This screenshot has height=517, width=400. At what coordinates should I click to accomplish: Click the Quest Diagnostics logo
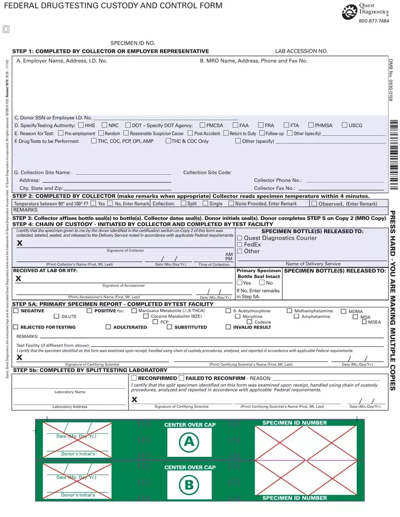350,12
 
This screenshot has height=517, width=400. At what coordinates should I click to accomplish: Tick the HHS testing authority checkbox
81,125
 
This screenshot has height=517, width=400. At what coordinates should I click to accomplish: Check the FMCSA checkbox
202,125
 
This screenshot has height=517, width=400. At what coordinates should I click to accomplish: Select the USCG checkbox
344,125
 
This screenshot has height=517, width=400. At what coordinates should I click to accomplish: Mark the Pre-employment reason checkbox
61,133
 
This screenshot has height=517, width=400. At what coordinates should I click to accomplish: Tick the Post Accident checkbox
191,133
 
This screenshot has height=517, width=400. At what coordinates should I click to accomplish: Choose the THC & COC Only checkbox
168,141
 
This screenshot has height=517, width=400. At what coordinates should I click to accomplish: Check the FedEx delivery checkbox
240,245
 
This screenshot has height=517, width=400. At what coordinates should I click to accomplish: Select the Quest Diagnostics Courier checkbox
240,238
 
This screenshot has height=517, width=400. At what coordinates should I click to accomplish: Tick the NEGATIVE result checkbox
17,311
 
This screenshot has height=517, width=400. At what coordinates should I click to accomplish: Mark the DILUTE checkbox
57,317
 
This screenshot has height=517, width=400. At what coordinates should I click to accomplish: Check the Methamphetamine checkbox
289,311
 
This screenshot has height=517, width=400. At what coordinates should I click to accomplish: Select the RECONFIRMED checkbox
134,378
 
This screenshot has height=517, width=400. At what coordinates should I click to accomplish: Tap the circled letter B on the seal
189,485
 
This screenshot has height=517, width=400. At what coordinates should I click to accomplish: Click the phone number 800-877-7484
374,21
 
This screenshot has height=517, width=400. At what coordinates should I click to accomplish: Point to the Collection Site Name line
123,173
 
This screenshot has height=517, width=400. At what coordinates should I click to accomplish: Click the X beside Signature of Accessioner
18,279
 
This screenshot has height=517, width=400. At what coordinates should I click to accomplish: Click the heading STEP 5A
28,304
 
